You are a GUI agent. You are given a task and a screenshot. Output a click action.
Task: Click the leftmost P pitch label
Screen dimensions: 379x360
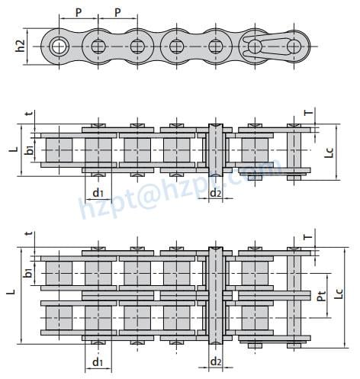point(79,13)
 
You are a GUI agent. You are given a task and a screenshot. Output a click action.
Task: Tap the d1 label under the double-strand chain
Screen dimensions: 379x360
point(98,361)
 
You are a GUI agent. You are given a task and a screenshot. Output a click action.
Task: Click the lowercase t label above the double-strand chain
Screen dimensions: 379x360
point(28,236)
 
